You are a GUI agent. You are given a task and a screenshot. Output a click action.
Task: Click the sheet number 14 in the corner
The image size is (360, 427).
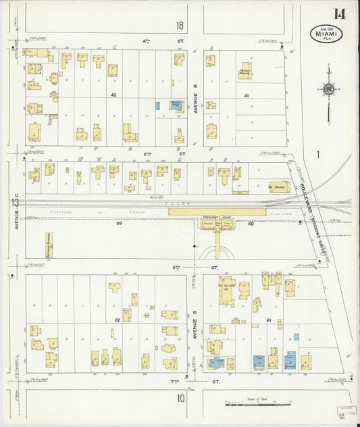point(338,14)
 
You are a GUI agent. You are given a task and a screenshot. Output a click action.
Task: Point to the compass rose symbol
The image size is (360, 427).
point(328,89)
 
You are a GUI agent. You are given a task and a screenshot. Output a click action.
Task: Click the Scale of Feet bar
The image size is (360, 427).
point(256,405)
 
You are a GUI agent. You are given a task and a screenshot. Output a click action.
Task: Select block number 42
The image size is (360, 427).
point(113,95)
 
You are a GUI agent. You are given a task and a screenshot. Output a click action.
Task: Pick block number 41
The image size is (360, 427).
point(247,95)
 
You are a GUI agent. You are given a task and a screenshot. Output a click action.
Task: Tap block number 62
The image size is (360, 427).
point(116,319)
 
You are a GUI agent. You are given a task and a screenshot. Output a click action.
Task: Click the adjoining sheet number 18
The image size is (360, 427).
point(180,26)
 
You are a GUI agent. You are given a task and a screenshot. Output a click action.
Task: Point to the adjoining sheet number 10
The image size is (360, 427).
point(181,399)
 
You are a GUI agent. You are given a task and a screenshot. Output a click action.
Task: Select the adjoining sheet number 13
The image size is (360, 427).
point(14,202)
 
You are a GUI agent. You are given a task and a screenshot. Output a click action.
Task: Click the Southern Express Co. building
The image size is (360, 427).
point(49,247)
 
